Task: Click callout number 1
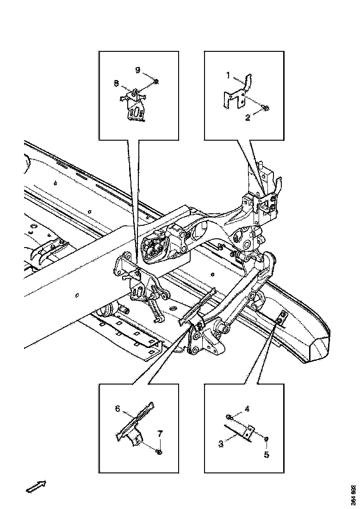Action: pos(228,75)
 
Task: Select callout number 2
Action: pos(248,118)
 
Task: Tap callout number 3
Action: pos(221,443)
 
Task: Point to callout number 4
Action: pos(247,410)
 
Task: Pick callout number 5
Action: pos(267,454)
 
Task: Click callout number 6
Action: pos(118,409)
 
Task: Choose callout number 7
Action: pos(160,434)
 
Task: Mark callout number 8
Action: pos(116,83)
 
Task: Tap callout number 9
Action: pos(138,70)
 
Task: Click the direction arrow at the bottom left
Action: pos(36,486)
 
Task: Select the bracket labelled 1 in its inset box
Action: pos(237,92)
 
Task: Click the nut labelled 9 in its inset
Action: pos(156,81)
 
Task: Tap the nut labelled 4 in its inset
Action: pos(229,417)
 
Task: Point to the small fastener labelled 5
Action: pos(267,439)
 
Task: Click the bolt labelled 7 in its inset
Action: pos(159,452)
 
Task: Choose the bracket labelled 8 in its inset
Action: pos(133,105)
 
